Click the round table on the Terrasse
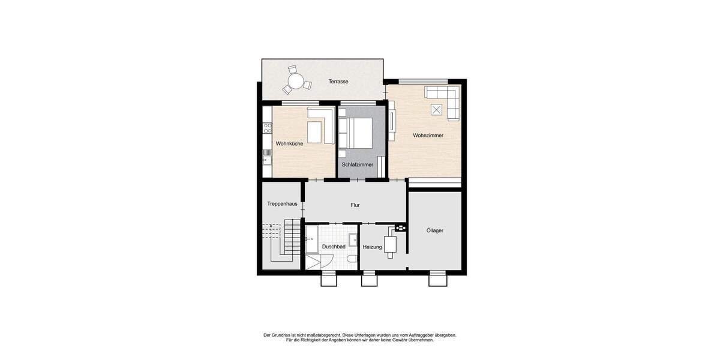click(x=295, y=80)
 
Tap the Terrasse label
click(x=338, y=82)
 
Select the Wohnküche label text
click(x=289, y=144)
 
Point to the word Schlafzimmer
click(x=358, y=164)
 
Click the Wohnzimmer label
click(x=428, y=136)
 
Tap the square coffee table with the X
click(x=437, y=109)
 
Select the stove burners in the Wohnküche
click(x=267, y=128)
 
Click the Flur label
click(x=355, y=205)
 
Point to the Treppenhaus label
click(x=282, y=204)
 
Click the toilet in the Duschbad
click(x=352, y=259)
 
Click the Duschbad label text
click(x=334, y=247)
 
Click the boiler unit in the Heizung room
click(x=391, y=244)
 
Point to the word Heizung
click(x=372, y=247)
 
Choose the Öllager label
click(x=435, y=230)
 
